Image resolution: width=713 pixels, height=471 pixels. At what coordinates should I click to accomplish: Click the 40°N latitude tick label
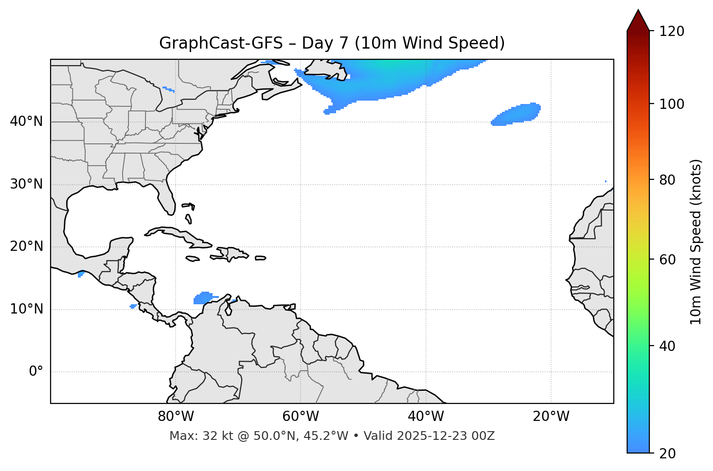coord(26,122)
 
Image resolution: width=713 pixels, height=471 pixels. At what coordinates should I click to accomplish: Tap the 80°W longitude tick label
coord(176,417)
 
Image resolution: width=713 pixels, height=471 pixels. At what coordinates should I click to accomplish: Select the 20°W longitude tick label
coord(551,417)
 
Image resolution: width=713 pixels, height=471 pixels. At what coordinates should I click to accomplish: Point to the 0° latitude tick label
coord(36,372)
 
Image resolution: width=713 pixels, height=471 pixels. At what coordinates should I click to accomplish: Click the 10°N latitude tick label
coord(26,309)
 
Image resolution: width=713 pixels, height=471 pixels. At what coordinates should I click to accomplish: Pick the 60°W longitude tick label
coord(301,417)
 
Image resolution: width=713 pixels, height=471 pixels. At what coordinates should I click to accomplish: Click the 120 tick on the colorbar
coord(671,32)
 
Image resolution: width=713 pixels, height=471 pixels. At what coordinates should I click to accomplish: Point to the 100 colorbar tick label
coord(671,104)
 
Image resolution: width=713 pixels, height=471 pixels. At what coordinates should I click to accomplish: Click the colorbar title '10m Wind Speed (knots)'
coord(696,242)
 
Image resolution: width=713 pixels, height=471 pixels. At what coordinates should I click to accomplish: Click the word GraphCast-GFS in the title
coord(221,43)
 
